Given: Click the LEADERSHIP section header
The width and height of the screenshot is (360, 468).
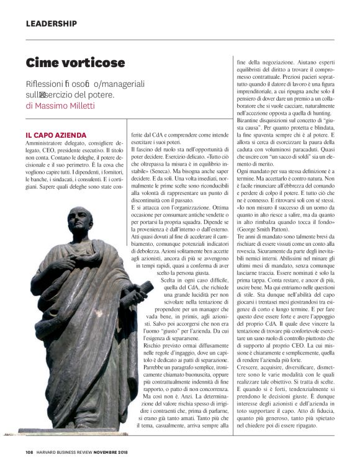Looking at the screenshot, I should pyautogui.click(x=52, y=24).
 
